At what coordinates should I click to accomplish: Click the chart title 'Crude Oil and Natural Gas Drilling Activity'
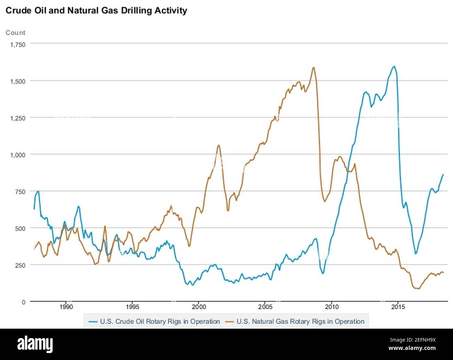[96, 10]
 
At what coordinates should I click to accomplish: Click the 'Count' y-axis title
[15, 32]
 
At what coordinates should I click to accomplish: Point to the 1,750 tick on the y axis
[17, 45]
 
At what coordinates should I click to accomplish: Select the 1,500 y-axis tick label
[17, 81]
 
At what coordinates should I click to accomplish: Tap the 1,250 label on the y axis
[17, 118]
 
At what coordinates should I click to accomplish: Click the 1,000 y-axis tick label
[17, 155]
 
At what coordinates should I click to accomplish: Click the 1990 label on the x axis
[66, 307]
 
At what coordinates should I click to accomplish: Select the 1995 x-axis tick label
[132, 307]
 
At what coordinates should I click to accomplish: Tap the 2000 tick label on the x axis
[199, 307]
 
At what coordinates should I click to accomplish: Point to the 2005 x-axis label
[265, 307]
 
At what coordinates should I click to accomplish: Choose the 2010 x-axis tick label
[331, 307]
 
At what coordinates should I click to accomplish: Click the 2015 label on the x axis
[398, 307]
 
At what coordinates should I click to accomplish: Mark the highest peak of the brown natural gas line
[313, 68]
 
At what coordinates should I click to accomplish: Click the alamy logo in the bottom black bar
[35, 344]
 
